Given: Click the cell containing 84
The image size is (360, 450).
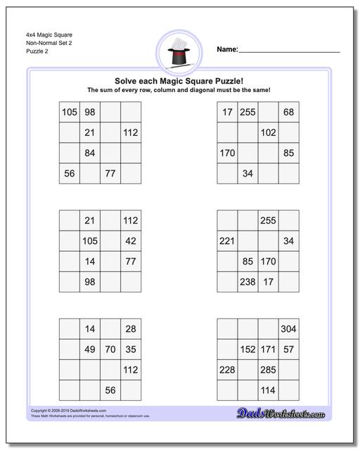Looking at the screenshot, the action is (x=89, y=153).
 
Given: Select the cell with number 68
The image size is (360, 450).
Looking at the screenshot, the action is (x=288, y=112).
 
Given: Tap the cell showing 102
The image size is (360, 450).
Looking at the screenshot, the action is (x=268, y=132).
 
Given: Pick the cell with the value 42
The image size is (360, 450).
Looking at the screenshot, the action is (x=130, y=241).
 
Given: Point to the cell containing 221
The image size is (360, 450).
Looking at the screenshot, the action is (x=227, y=241).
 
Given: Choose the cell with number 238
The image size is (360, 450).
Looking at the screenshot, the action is (x=247, y=282).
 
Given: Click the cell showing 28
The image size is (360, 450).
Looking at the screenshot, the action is (x=130, y=328).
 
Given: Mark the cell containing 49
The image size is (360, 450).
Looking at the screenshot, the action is (x=89, y=349).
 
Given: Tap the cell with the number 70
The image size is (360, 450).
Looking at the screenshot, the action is (x=110, y=349).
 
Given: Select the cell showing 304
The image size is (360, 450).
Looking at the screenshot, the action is (x=288, y=328).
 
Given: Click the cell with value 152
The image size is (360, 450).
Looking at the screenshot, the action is (x=247, y=349).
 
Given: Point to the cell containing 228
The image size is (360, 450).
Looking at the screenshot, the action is (x=227, y=369).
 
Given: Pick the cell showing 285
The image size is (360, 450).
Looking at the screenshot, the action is (x=268, y=369).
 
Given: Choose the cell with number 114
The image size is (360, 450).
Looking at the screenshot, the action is (x=268, y=390).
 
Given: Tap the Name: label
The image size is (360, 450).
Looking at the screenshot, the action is (x=227, y=49).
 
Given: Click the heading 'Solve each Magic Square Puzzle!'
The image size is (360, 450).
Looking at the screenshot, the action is (x=179, y=80).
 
